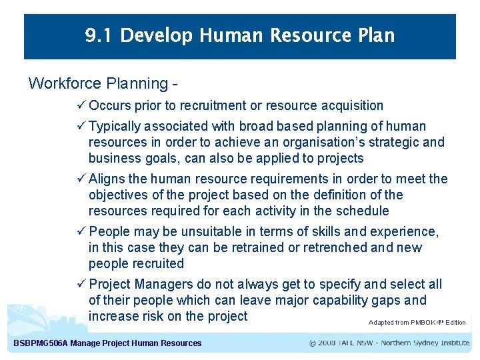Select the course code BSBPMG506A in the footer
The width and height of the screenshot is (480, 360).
[41, 343]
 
